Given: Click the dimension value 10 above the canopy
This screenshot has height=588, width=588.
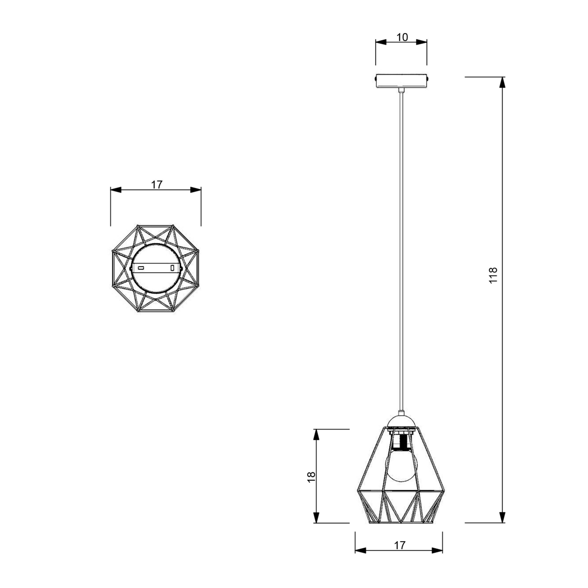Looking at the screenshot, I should click(x=402, y=37).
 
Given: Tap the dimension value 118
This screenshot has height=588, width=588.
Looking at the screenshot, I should click(x=493, y=275).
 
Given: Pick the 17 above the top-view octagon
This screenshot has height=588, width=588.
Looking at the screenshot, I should click(x=157, y=184).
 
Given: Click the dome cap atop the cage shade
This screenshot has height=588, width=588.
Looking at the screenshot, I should click(x=401, y=422).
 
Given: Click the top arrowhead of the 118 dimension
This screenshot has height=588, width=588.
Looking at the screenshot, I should click(x=502, y=82).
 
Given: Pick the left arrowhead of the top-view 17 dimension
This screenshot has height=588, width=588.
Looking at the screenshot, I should click(x=116, y=190).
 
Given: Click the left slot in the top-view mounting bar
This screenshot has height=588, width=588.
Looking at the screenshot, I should click(x=141, y=268).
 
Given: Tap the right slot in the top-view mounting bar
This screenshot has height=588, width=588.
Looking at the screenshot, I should click(x=172, y=268).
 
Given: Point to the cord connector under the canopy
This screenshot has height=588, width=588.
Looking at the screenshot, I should click(x=402, y=90).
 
